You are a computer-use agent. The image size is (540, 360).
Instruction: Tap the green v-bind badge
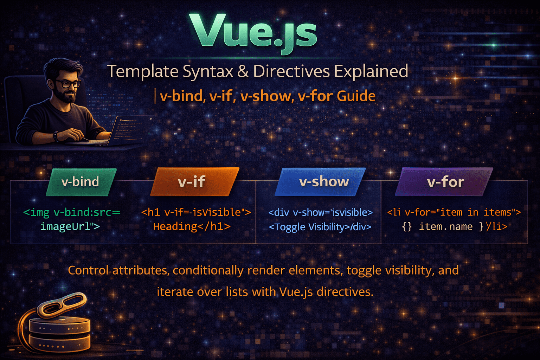tap(81, 182)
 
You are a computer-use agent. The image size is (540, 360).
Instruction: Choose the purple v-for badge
tap(445, 182)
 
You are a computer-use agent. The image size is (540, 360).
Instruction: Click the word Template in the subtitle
tap(142, 71)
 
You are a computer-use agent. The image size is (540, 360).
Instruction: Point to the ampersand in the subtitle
tap(243, 71)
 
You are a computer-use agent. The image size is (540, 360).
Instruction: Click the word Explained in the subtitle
tap(371, 71)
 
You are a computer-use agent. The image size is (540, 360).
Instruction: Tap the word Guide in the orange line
tap(356, 96)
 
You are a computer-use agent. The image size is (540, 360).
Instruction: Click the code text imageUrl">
tap(70, 226)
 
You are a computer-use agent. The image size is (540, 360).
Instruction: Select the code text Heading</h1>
tap(192, 226)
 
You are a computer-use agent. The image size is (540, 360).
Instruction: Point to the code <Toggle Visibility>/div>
tap(320, 227)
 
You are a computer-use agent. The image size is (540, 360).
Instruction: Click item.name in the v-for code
tap(445, 227)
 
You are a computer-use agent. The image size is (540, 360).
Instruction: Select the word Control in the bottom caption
tap(88, 270)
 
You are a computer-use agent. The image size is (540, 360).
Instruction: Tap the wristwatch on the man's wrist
tap(56, 136)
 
